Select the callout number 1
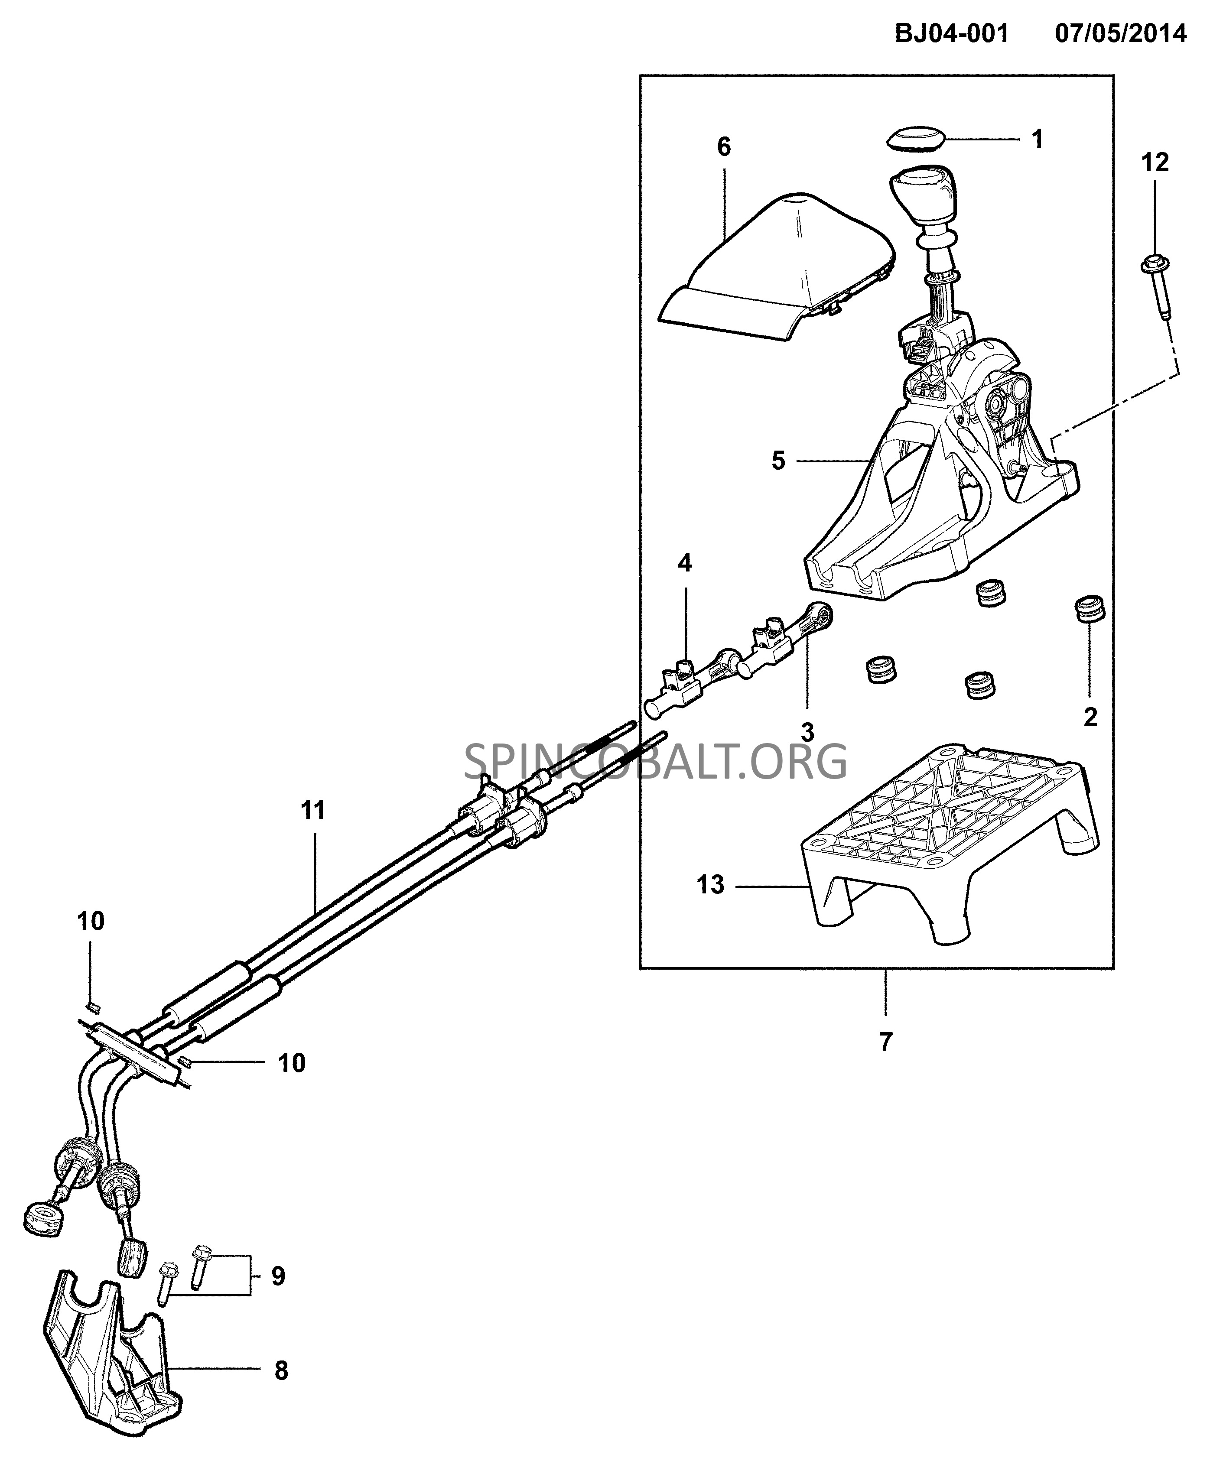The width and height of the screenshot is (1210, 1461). click(1037, 140)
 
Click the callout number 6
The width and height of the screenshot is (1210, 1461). click(724, 147)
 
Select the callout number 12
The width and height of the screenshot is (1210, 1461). click(1155, 163)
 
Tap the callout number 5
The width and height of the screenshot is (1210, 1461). click(779, 461)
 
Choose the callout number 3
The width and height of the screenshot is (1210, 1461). click(807, 732)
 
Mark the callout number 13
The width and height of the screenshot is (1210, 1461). click(710, 885)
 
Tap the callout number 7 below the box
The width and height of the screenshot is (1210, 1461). click(885, 1062)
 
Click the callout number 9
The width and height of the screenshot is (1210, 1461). click(278, 1276)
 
